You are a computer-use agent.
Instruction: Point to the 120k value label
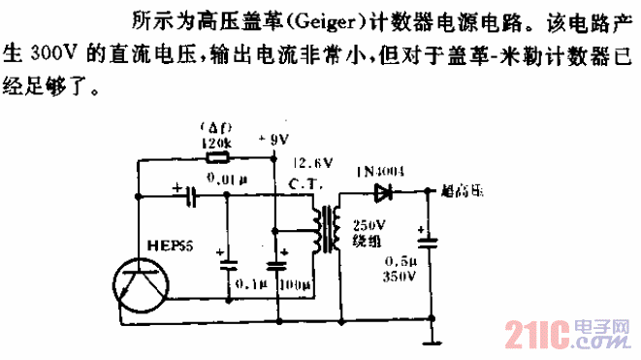tap(212, 143)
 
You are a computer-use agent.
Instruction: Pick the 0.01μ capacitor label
tap(227, 178)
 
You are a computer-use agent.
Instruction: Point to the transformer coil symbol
tap(326, 230)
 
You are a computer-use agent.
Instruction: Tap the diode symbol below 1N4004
tap(384, 191)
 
